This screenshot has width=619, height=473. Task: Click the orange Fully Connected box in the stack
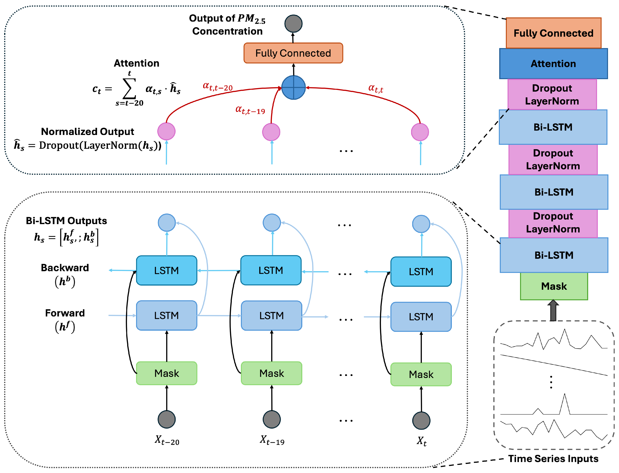click(553, 33)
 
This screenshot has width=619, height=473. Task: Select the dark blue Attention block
click(553, 64)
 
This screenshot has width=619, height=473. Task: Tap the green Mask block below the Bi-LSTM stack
click(554, 286)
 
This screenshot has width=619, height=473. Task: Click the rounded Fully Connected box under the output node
click(293, 53)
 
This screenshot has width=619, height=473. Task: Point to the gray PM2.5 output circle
click(293, 24)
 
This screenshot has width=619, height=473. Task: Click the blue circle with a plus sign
click(293, 88)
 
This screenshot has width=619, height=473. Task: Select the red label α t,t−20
click(218, 87)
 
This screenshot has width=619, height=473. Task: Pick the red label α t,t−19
click(250, 110)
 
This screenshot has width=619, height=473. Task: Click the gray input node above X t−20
click(167, 419)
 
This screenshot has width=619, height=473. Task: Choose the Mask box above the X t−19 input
click(271, 373)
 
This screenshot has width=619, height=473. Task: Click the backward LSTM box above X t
click(421, 271)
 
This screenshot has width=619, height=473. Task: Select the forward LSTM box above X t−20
click(167, 315)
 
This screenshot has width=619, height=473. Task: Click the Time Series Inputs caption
click(553, 459)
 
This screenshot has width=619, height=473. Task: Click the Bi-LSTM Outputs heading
click(66, 221)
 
